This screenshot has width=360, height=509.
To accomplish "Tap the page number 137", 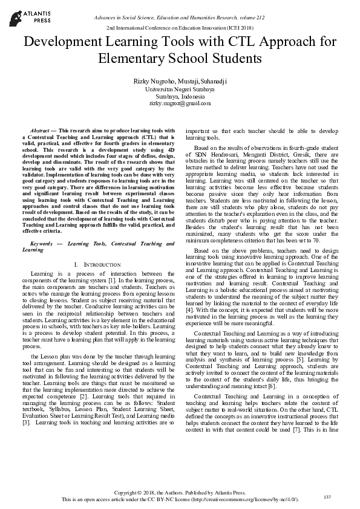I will (327, 497).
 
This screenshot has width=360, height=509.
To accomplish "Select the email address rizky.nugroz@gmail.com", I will (180, 104).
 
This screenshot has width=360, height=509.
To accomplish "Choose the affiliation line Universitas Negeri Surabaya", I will (180, 88).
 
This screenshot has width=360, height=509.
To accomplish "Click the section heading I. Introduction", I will (96, 265).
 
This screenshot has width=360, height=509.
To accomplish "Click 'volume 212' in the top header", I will (254, 19).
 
